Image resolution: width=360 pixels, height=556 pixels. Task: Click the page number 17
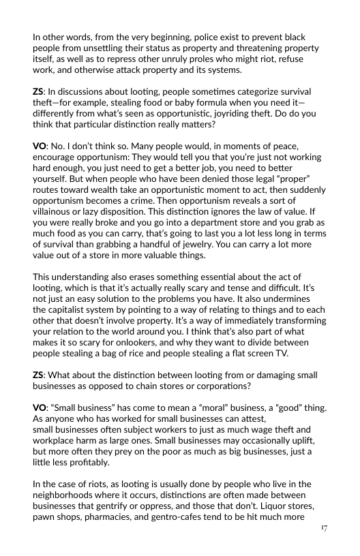(322, 529)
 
